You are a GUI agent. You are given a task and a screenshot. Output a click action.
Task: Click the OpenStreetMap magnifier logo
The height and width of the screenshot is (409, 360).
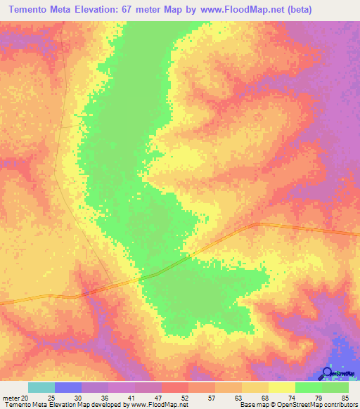(x=328, y=374)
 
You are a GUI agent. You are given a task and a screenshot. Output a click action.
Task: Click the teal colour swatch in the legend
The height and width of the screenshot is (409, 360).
(x=41, y=387)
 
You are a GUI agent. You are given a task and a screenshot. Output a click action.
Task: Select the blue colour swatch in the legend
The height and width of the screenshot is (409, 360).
(x=68, y=387)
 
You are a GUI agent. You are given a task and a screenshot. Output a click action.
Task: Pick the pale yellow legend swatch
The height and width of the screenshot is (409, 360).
(x=282, y=387)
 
